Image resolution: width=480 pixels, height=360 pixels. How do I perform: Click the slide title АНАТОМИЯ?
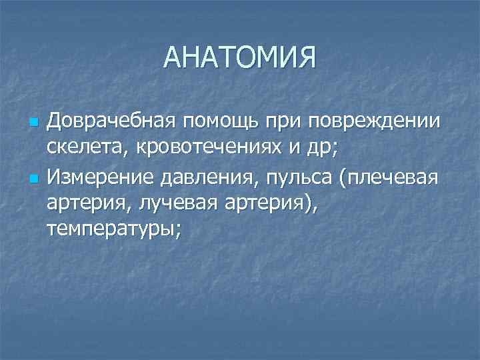pos(239,58)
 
